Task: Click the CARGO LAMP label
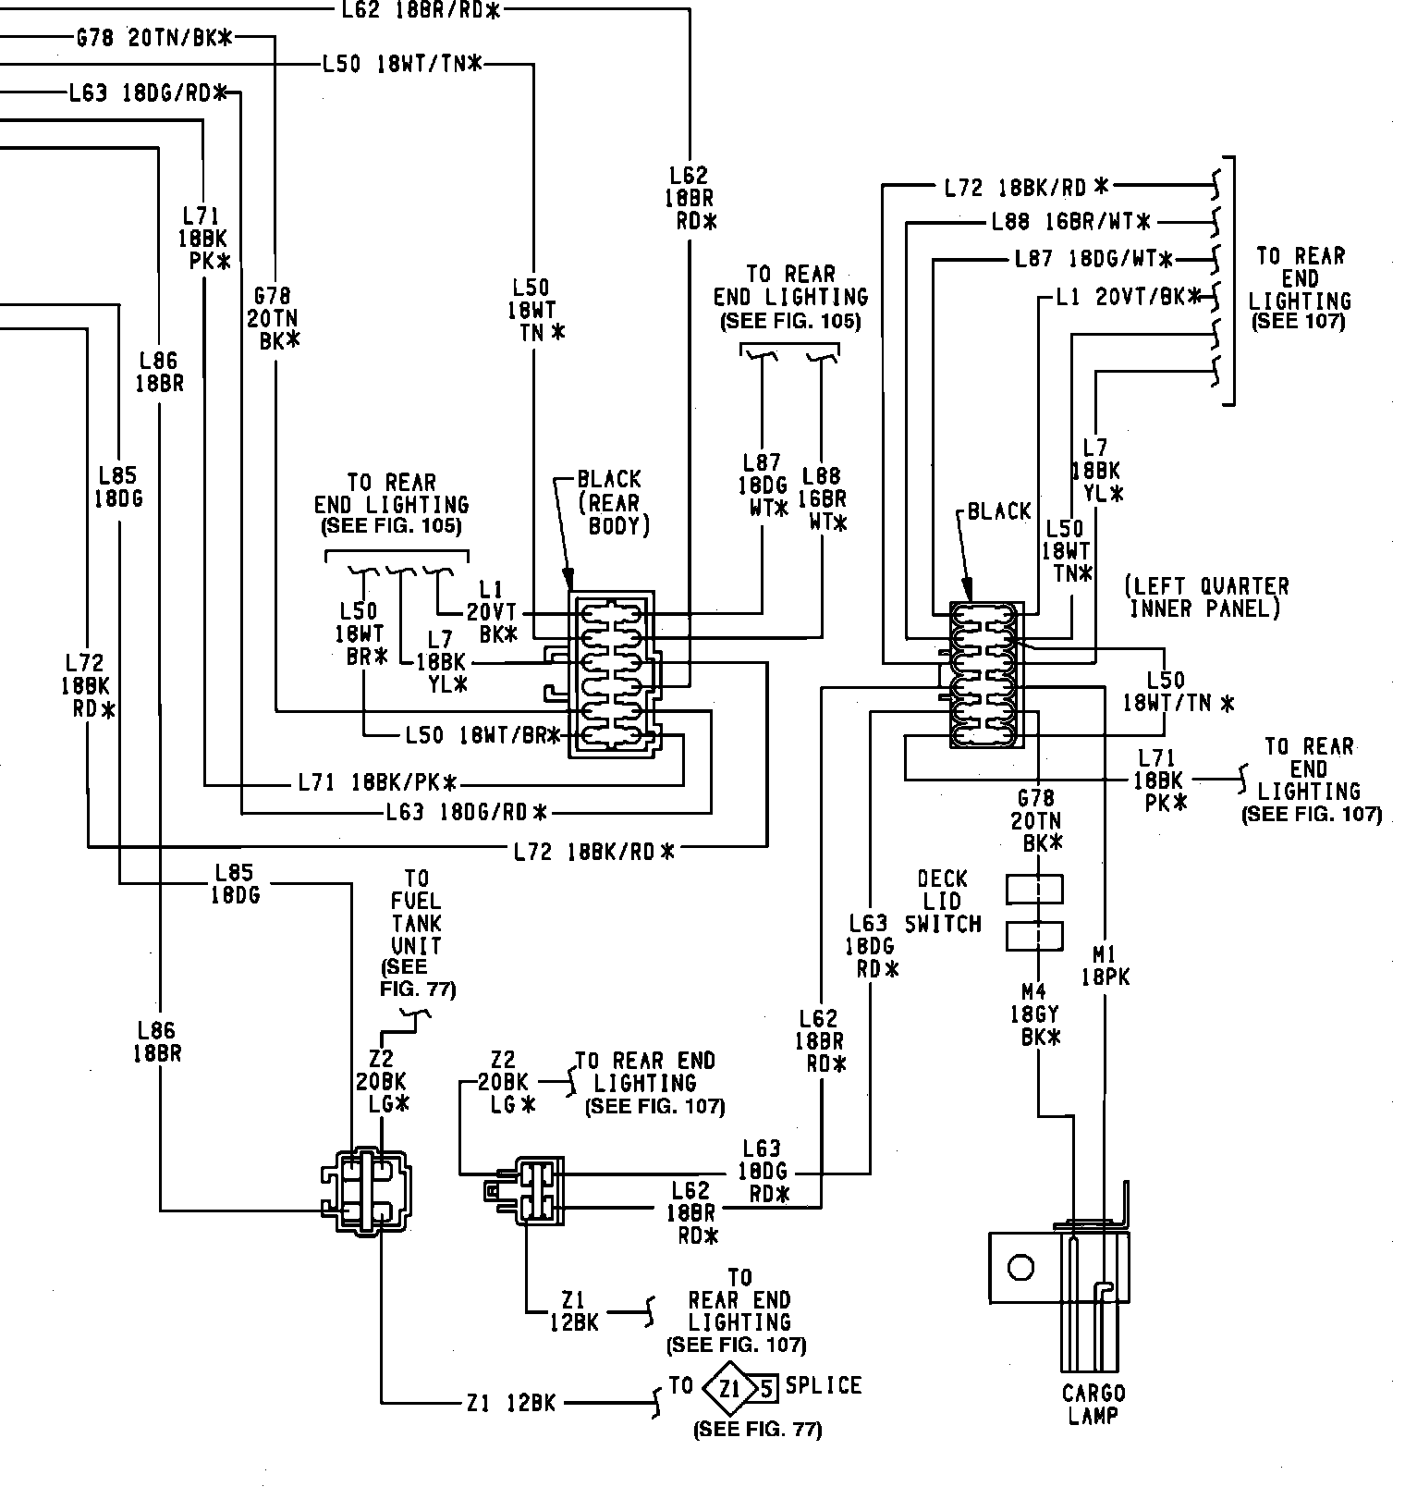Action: tap(1093, 1404)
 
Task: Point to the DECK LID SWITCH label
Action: tap(942, 901)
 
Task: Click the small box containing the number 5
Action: tap(765, 1386)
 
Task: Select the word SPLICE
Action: tap(824, 1385)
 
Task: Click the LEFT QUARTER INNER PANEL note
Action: tap(1206, 596)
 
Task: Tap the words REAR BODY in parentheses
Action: tap(614, 515)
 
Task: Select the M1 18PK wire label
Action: tap(1106, 965)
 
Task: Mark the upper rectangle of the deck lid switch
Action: tap(1033, 889)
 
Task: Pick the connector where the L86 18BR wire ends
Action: tap(366, 1192)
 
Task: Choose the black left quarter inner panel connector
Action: tap(985, 674)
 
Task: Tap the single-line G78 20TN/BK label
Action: tap(153, 38)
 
